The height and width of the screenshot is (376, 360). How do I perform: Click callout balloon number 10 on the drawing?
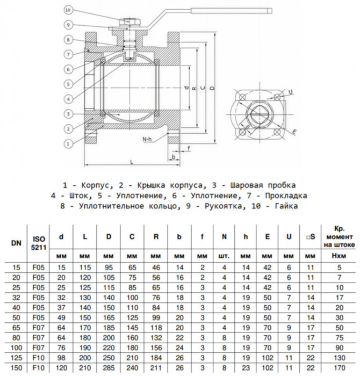[x=67, y=10]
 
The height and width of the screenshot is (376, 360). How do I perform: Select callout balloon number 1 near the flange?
[x=67, y=143]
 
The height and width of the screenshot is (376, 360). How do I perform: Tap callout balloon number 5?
[x=67, y=84]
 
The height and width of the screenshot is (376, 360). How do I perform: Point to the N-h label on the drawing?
[x=148, y=139]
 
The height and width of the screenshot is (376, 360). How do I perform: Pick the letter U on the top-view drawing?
[x=291, y=92]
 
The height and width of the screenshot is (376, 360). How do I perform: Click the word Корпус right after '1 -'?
[x=106, y=185]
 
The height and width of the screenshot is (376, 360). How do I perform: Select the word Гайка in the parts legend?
[x=285, y=206]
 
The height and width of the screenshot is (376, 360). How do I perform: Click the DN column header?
[x=16, y=243]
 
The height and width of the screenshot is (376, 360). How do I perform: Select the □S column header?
[x=310, y=237]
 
